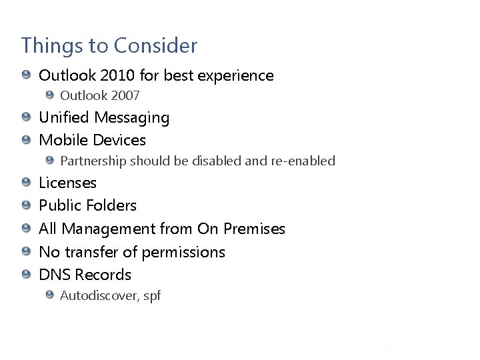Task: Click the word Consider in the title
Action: pyautogui.click(x=155, y=46)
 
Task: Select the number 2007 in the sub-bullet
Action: pyautogui.click(x=125, y=96)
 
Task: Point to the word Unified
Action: pyautogui.click(x=64, y=118)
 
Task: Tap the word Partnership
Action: pyautogui.click(x=93, y=161)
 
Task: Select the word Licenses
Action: pyautogui.click(x=67, y=183)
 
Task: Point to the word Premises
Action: pyautogui.click(x=254, y=229)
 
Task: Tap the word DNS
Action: pyautogui.click(x=55, y=275)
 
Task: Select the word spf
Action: pyautogui.click(x=152, y=296)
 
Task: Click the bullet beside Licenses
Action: pyautogui.click(x=26, y=183)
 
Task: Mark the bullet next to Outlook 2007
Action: pyautogui.click(x=50, y=95)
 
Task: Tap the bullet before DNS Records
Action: pyautogui.click(x=26, y=274)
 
